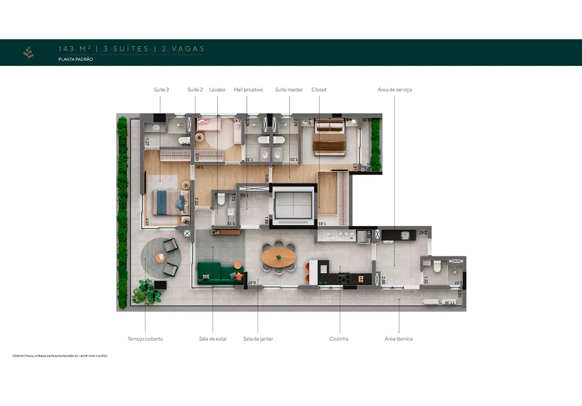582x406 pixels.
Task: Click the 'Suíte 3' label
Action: [161, 90]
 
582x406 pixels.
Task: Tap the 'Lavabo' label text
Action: [217, 90]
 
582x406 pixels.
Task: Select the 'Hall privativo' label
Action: [248, 90]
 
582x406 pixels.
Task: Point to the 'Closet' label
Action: [319, 90]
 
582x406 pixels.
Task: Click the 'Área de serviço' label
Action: [395, 90]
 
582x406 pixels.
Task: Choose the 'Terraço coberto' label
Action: [145, 339]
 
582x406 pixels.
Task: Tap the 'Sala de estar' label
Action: [213, 339]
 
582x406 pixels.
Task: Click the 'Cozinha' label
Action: [339, 339]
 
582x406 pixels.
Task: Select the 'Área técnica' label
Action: [398, 339]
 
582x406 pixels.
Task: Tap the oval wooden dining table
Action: [278, 256]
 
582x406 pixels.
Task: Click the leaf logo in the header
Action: [29, 52]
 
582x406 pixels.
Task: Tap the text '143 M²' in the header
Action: [74, 49]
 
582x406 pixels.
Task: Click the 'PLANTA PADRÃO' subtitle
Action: [76, 59]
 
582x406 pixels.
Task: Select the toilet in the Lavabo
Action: [221, 198]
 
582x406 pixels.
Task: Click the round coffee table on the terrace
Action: [160, 257]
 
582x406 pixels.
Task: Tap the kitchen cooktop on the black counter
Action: [344, 279]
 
